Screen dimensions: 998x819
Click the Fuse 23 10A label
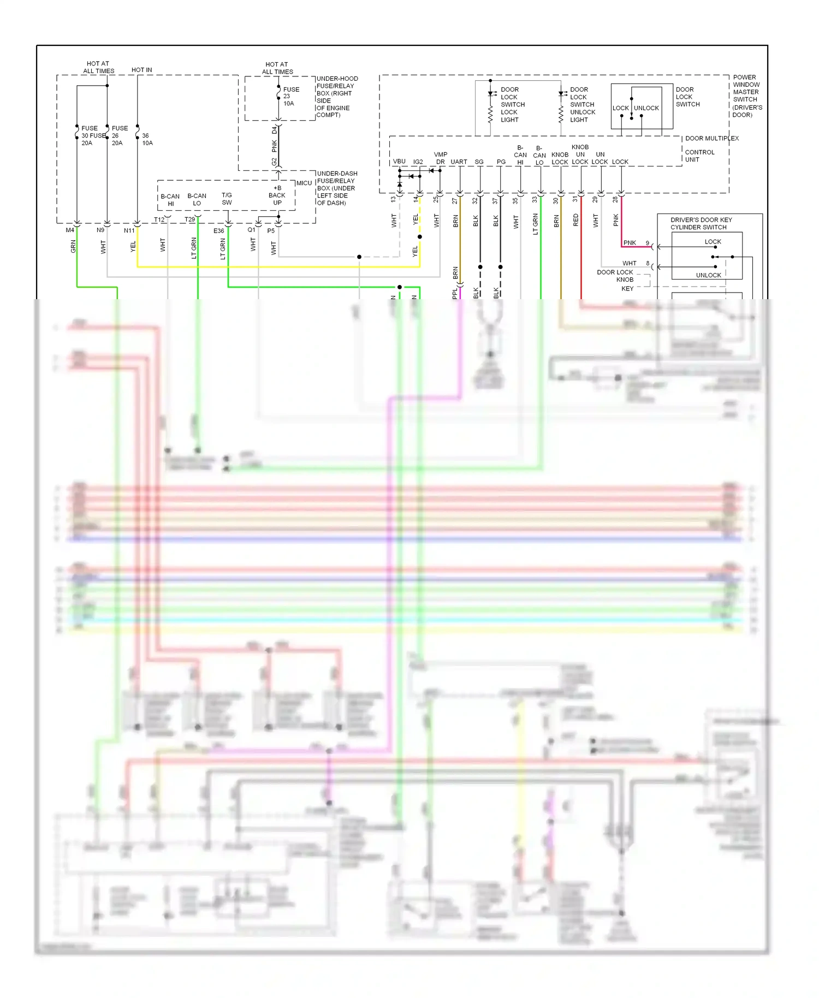290,97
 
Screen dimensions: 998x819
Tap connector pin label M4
70,230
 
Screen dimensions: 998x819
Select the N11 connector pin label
129,230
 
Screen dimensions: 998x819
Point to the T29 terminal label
189,219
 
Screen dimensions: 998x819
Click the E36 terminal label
218,231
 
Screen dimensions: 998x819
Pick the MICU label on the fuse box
304,183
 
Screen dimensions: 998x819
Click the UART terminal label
459,162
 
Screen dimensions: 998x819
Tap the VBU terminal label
399,162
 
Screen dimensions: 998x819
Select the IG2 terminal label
418,162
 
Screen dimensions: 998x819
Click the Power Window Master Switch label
747,96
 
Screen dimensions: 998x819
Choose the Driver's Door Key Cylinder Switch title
701,224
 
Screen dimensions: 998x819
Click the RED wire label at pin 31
576,220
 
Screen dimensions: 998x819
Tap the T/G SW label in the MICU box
227,199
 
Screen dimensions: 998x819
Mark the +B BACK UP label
277,195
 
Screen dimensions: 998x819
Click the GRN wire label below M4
73,246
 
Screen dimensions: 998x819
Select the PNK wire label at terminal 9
630,243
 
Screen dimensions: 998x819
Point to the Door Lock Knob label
615,276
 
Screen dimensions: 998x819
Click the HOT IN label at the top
142,70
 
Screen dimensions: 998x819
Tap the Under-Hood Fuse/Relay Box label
337,97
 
